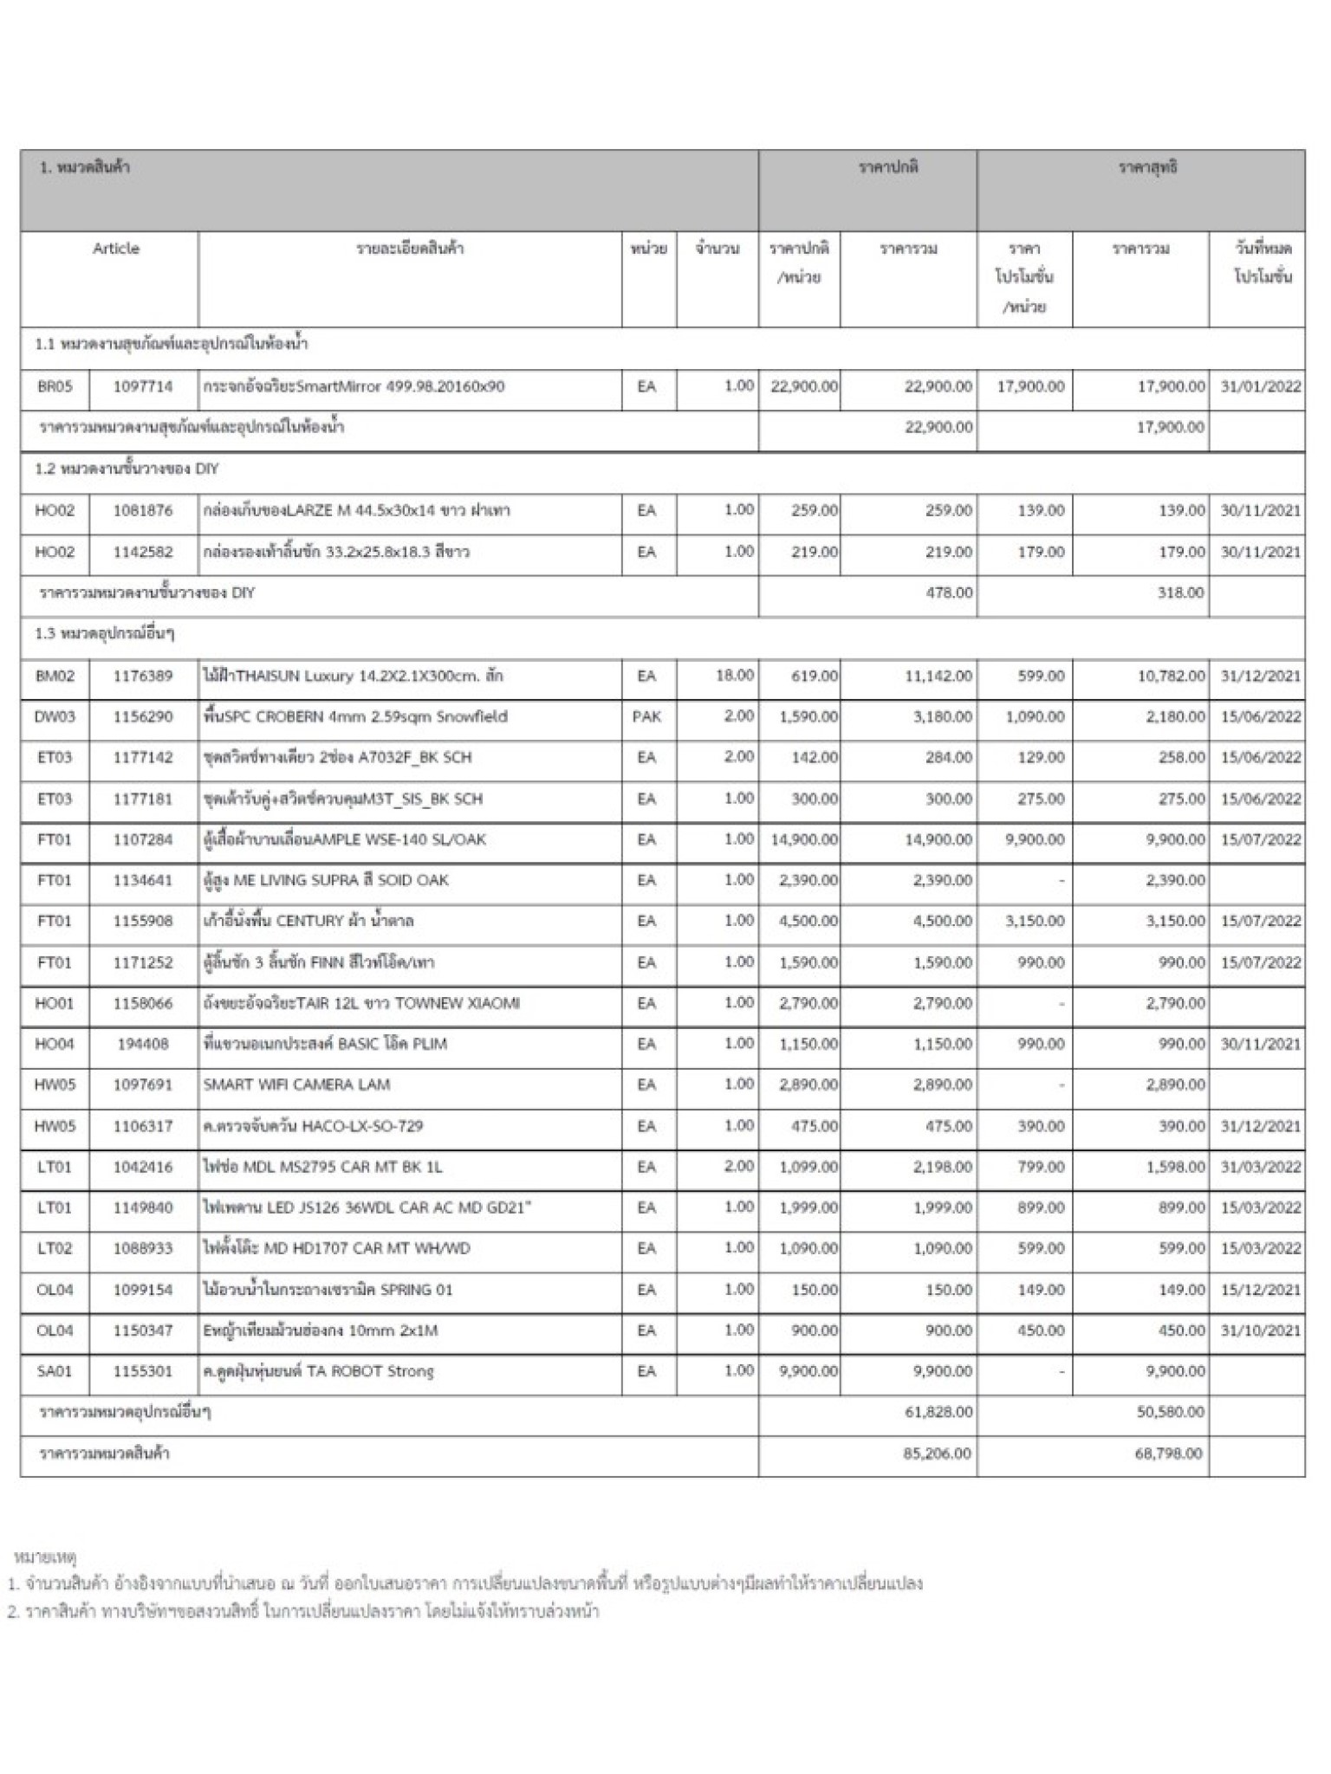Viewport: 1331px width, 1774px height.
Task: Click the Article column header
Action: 115,249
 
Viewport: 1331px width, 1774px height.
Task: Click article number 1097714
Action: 143,386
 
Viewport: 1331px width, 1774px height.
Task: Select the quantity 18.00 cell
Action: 734,675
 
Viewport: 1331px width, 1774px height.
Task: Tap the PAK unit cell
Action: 646,716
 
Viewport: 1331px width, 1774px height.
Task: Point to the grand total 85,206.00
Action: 937,1453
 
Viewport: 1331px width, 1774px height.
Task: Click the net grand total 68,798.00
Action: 1168,1453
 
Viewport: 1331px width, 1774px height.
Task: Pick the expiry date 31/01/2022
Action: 1260,386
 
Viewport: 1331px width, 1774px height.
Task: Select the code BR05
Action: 55,386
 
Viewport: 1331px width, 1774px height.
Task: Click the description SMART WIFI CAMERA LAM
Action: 296,1084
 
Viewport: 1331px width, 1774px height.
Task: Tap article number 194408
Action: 143,1044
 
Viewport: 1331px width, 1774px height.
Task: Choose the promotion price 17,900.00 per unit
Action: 1030,386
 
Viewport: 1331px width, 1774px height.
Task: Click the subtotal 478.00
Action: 949,592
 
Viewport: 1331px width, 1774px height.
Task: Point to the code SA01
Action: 55,1371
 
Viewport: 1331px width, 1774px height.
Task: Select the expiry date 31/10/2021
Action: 1260,1330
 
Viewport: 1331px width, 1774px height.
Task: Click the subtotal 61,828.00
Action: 938,1412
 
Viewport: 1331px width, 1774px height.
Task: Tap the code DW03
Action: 55,716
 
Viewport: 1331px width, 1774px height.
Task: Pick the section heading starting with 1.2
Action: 127,469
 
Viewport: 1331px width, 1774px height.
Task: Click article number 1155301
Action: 143,1371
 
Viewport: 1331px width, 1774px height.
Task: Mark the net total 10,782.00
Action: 1171,675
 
